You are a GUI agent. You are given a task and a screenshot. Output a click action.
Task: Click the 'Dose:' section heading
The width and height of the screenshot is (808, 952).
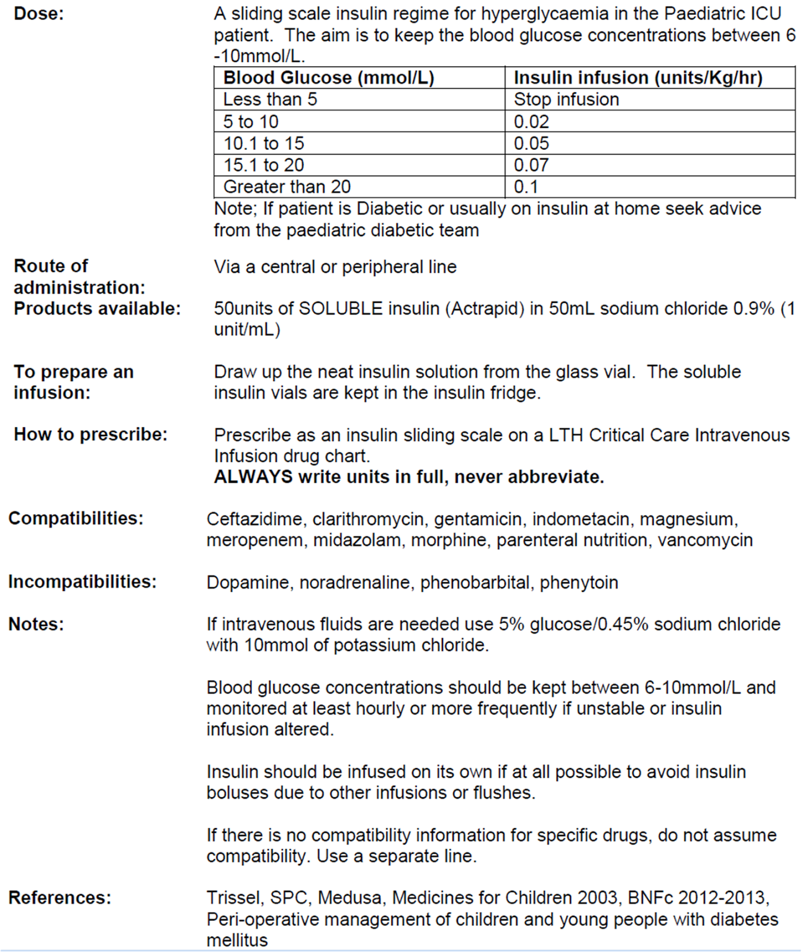click(39, 14)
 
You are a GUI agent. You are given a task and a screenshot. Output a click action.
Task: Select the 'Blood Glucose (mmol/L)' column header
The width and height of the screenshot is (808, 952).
click(328, 78)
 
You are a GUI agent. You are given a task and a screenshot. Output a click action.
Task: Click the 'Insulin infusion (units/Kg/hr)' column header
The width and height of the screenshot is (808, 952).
click(638, 78)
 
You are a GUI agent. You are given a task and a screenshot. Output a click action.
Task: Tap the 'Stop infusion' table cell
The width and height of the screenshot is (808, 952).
click(566, 99)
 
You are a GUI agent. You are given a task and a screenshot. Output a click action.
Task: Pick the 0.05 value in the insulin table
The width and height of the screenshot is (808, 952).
click(531, 143)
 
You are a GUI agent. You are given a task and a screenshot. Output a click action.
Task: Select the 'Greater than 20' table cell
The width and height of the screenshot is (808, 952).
click(287, 187)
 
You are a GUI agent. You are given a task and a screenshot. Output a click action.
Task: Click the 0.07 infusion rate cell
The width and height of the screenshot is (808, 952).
click(531, 165)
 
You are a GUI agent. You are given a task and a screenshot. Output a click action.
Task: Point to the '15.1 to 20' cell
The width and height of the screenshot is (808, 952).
click(263, 165)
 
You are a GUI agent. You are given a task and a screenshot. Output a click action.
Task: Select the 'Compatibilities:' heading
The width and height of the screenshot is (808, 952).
click(76, 518)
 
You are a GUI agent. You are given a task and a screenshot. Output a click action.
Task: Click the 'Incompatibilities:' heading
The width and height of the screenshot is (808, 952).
click(82, 581)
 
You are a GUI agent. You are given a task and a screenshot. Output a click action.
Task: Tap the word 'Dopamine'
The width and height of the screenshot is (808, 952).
click(249, 582)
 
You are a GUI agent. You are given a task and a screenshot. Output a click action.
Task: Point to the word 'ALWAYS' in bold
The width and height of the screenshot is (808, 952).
click(253, 477)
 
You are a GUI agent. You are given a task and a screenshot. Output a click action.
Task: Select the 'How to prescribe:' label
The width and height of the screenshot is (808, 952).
click(91, 434)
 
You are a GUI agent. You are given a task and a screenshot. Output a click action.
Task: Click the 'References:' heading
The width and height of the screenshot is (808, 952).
click(60, 897)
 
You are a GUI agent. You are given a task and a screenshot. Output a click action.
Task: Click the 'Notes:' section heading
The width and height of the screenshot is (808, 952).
click(36, 624)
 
